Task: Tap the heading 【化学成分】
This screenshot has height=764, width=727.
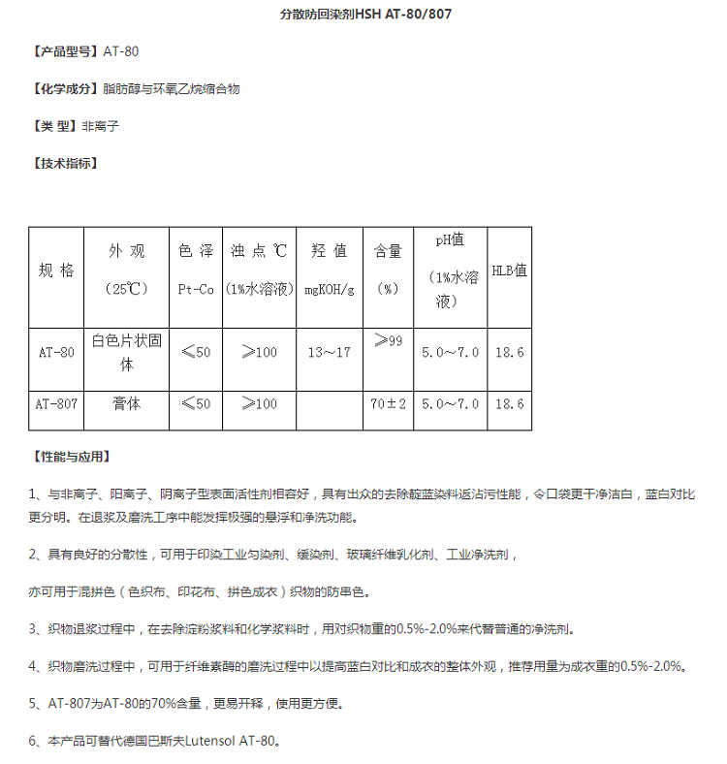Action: (x=65, y=89)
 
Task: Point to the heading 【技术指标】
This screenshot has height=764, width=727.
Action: (x=65, y=163)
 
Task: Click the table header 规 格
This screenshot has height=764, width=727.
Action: (x=56, y=271)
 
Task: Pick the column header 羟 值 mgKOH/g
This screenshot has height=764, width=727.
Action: (x=330, y=270)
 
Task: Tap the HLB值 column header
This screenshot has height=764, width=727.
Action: (x=510, y=271)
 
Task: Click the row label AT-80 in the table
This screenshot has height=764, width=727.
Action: (x=56, y=353)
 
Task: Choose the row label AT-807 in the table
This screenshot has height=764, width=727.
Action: (x=56, y=403)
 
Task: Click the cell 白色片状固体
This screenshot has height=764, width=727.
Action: (x=126, y=353)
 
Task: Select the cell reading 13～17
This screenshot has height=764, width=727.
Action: (x=330, y=353)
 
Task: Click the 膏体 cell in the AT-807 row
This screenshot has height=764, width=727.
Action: (x=126, y=403)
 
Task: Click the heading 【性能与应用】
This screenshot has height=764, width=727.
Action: (x=71, y=456)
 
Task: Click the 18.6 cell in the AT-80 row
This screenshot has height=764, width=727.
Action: (x=510, y=353)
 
